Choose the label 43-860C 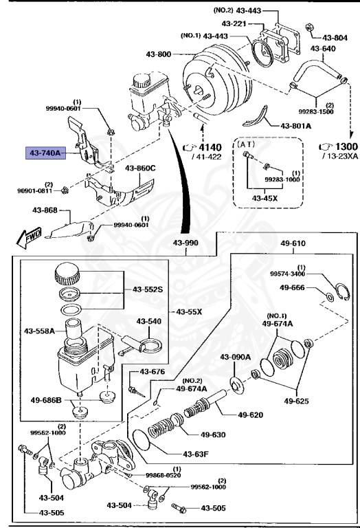pos(140,168)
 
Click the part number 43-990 pos(186,243)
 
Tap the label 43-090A pos(236,356)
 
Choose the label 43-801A pos(296,126)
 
